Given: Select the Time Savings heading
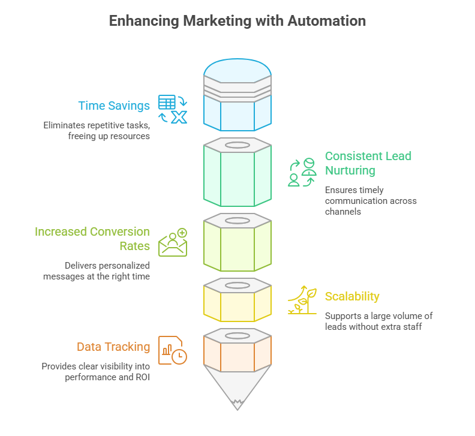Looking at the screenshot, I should click(x=114, y=106).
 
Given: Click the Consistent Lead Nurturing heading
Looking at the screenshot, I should click(x=368, y=163).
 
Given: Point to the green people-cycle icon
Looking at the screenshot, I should click(x=302, y=173).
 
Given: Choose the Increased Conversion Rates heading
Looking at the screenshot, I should click(x=92, y=239).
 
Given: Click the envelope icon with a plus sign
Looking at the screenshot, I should click(x=173, y=242).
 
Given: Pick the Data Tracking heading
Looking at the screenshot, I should click(x=113, y=347).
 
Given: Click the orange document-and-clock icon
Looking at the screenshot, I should click(x=173, y=350).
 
